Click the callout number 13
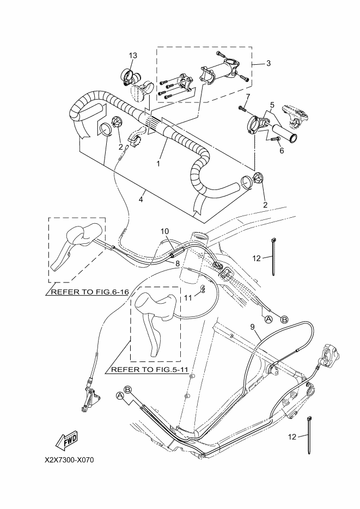[x=133, y=56]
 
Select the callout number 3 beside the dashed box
[x=269, y=63]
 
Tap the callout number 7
[x=248, y=96]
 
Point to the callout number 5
[x=272, y=105]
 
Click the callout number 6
[x=282, y=151]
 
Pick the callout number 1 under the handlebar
[x=158, y=164]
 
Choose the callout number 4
[x=141, y=199]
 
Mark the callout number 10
[x=165, y=231]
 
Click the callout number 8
[x=178, y=263]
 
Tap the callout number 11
[x=188, y=297]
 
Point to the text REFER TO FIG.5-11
[x=149, y=370]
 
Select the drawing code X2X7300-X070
[x=70, y=461]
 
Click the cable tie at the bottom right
[x=309, y=434]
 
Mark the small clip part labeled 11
[x=203, y=289]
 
